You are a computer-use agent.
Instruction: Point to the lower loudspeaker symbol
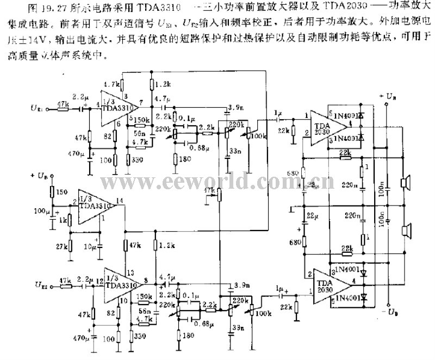[405, 232]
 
